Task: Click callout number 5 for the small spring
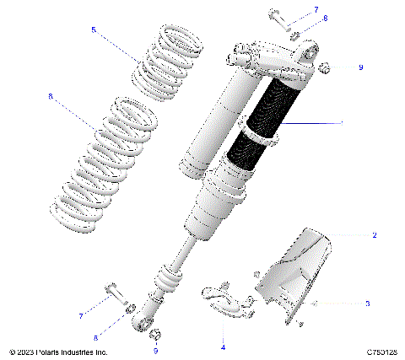pyautogui.click(x=94, y=30)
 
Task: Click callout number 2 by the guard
pyautogui.click(x=374, y=236)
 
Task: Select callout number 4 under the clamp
pyautogui.click(x=223, y=347)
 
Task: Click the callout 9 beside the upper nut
pyautogui.click(x=360, y=67)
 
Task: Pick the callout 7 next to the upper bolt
pyautogui.click(x=316, y=9)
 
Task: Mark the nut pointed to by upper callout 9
pyautogui.click(x=325, y=67)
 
